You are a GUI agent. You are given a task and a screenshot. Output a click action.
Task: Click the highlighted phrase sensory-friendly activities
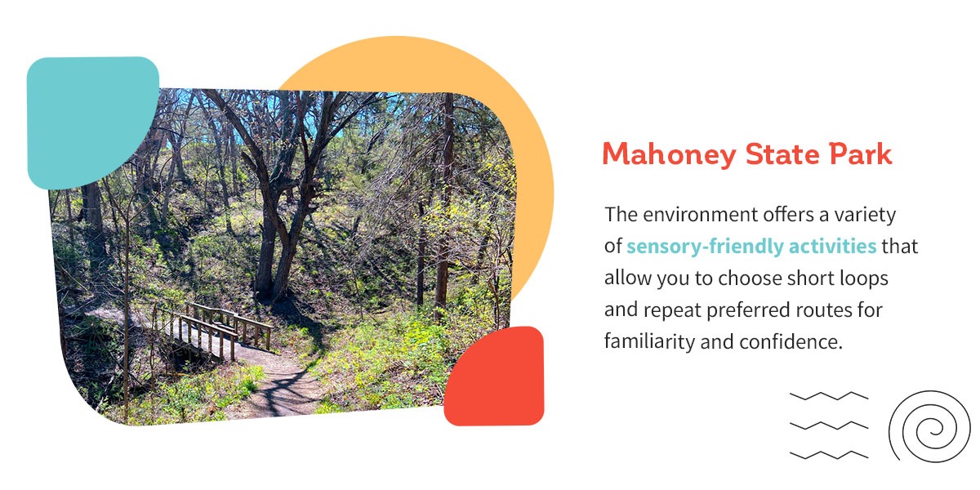tap(751, 246)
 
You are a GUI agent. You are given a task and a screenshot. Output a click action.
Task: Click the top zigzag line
tap(828, 396)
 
